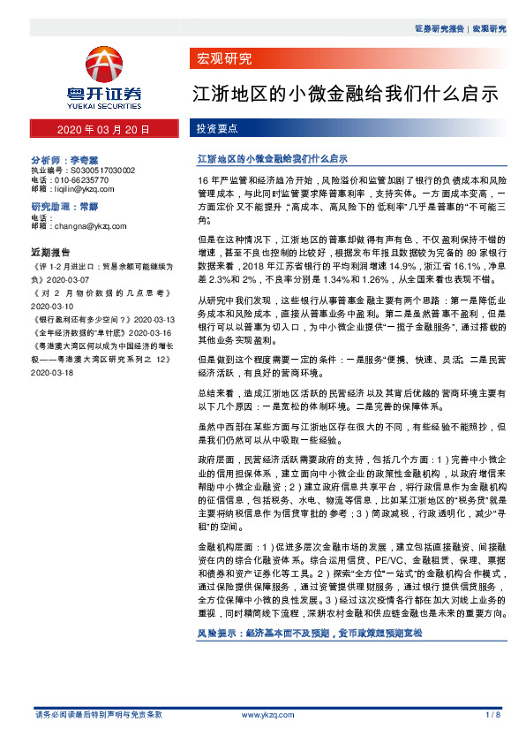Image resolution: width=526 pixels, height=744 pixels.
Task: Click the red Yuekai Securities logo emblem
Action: coord(107,64)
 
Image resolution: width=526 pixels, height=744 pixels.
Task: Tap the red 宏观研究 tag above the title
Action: coord(222,59)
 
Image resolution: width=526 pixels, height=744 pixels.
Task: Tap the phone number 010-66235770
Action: coord(85,178)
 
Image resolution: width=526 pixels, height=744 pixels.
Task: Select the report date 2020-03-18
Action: coord(52,373)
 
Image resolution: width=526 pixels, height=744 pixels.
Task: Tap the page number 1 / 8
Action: coord(492,713)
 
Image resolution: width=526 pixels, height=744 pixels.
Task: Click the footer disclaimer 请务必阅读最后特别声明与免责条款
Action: coord(98,713)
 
